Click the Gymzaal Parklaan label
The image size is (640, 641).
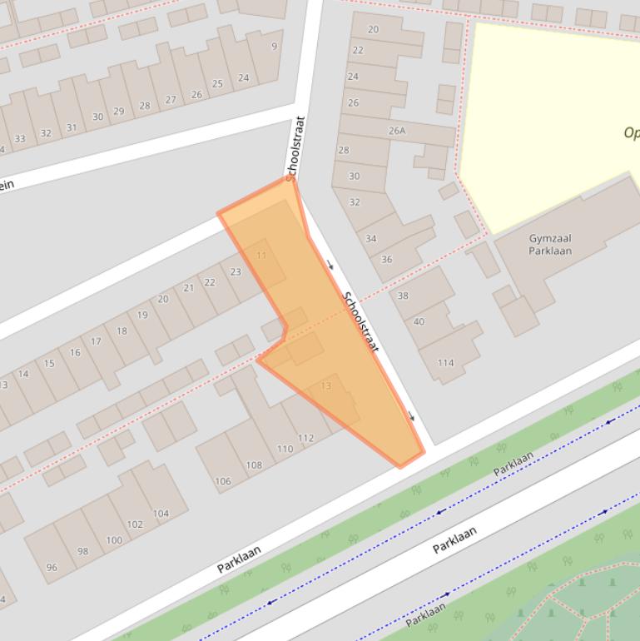550,244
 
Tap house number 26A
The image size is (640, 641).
397,131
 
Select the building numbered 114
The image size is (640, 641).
445,362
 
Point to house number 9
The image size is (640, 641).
274,46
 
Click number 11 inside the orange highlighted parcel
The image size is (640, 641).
261,255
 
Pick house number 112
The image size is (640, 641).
305,438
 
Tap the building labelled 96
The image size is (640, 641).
52,567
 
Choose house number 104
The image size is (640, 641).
161,513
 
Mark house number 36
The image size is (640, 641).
386,259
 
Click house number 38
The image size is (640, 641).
403,296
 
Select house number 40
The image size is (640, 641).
419,321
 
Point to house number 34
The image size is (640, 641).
371,238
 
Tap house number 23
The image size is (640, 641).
236,271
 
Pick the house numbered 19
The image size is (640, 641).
142,315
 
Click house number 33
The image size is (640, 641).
19,138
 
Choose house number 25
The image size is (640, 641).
217,83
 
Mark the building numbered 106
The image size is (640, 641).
222,481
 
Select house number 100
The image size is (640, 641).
113,539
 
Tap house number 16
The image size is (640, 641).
75,352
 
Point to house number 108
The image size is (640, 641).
254,465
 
